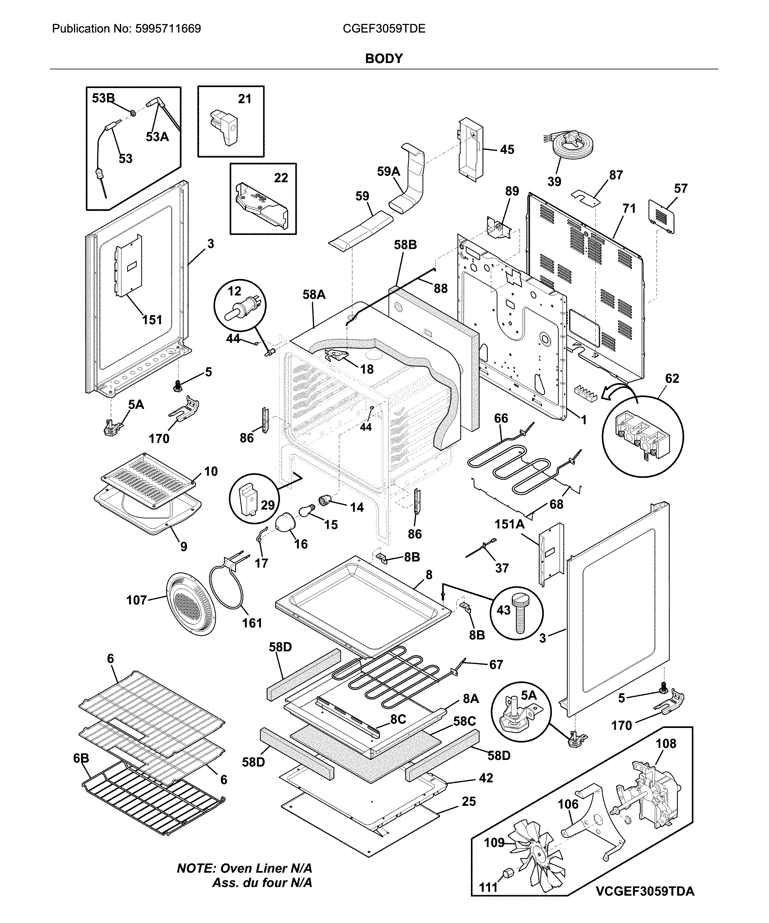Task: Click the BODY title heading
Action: (384, 59)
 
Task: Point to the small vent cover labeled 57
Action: (661, 216)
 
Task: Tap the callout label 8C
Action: (398, 719)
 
